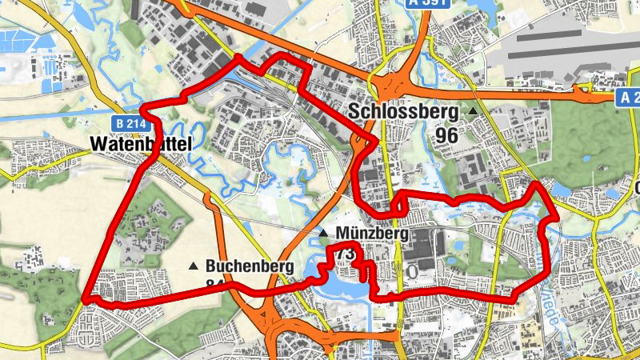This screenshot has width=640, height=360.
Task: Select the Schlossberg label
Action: [x=403, y=112]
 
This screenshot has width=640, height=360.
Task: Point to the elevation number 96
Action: [x=446, y=135]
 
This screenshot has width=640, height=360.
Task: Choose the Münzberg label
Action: [x=372, y=234]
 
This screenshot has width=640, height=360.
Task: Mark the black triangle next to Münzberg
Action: [x=323, y=234]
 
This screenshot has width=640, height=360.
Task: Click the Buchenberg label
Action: [x=249, y=266]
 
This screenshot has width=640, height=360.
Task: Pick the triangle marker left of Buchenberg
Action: [x=193, y=266]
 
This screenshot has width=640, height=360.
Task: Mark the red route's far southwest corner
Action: [x=84, y=300]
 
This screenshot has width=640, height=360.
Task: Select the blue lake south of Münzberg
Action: [x=340, y=284]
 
